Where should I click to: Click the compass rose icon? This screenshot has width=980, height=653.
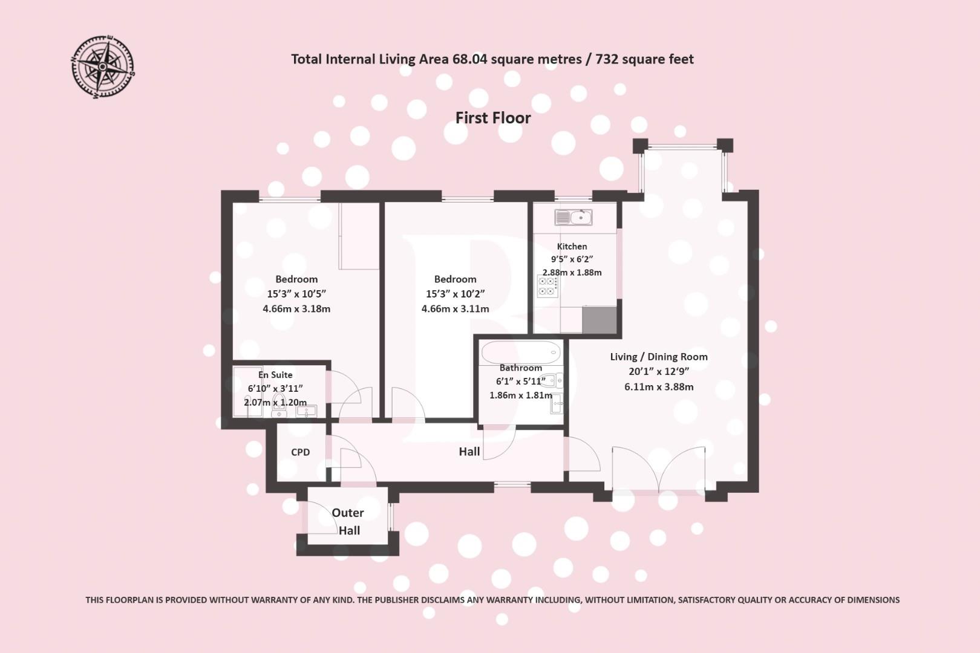(x=103, y=67)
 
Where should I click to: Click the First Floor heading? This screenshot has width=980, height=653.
(x=492, y=118)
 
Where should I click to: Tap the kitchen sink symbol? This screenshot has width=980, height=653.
(x=572, y=216)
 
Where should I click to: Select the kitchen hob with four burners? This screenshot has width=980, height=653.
(x=547, y=286)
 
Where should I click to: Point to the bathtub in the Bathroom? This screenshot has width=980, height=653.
(x=521, y=351)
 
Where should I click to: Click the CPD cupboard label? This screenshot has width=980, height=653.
(x=300, y=452)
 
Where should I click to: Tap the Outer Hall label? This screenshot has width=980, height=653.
(x=348, y=521)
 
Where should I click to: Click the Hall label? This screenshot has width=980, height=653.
(x=469, y=452)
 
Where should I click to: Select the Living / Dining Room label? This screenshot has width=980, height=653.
(x=659, y=357)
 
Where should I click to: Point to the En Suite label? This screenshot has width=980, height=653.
(x=275, y=375)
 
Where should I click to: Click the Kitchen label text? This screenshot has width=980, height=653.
(x=572, y=246)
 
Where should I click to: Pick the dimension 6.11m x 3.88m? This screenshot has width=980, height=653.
(x=659, y=387)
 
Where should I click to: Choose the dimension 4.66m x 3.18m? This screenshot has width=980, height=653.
(x=296, y=308)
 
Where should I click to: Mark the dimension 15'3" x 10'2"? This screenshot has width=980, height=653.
(x=455, y=294)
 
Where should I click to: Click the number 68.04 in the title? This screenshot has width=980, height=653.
(x=469, y=59)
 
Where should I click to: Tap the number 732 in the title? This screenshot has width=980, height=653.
(x=607, y=59)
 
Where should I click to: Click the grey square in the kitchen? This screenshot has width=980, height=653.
(x=599, y=320)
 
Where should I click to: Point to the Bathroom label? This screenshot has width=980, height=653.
(x=520, y=368)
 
